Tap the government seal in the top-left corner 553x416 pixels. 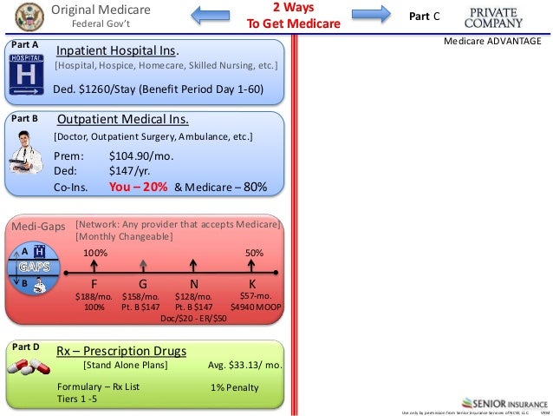pyautogui.click(x=16, y=14)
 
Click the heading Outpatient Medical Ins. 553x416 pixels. pyautogui.click(x=123, y=120)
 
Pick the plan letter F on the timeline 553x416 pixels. pyautogui.click(x=94, y=284)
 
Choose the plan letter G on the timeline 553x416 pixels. pyautogui.click(x=143, y=284)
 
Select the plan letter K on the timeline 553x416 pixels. pyautogui.click(x=252, y=284)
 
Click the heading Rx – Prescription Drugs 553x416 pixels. pyautogui.click(x=121, y=351)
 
